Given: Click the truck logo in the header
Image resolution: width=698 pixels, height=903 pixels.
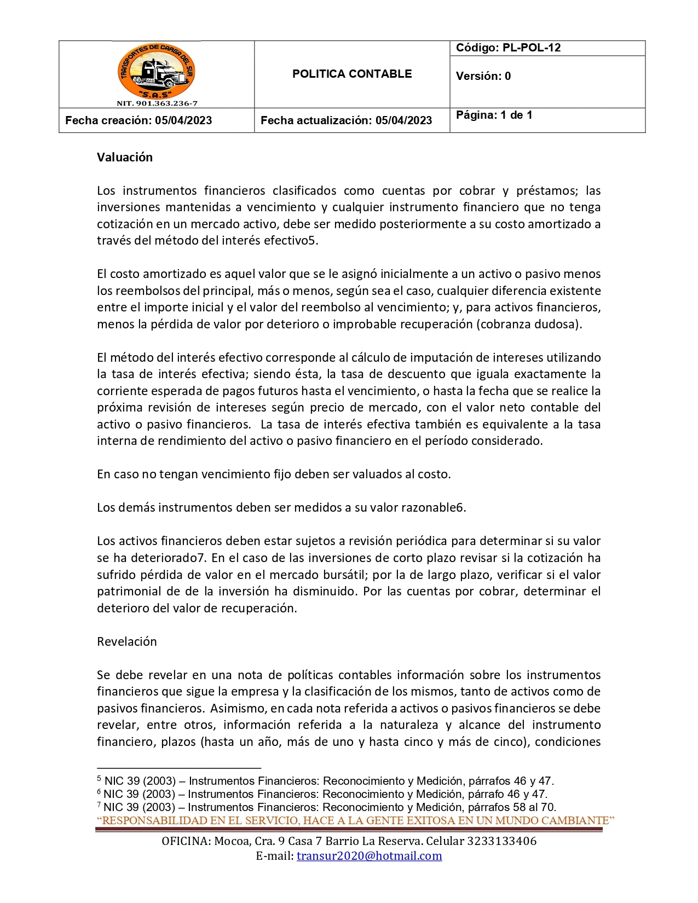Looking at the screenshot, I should coord(157,71).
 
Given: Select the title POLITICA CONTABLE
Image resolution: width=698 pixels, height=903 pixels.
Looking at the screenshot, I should coord(351,74).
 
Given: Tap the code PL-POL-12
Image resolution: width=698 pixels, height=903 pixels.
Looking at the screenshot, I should coord(508,48).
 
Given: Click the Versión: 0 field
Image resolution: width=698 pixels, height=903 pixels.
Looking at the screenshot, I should coord(483,76).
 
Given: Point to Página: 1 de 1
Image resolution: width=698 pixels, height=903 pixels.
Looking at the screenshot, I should coord(494,115).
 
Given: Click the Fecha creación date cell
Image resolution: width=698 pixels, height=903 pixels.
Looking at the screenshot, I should coord(139,120).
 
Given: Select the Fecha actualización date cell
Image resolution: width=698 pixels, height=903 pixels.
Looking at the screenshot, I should coord(346,120).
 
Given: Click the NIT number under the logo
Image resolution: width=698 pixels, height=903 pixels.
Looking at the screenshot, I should coord(157,103).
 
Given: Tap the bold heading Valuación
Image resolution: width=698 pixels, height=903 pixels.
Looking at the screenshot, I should coord(125,157).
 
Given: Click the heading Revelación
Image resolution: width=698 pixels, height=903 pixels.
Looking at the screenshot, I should coord(127,641).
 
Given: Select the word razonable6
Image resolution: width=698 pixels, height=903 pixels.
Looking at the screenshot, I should coord(433,507).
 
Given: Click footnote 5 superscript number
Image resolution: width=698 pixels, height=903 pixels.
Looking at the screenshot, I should coord(99,778).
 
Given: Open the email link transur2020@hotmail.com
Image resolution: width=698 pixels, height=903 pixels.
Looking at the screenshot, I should coord(369,856).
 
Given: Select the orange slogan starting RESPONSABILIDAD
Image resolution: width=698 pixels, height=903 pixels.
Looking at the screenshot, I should coord(356,820).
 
